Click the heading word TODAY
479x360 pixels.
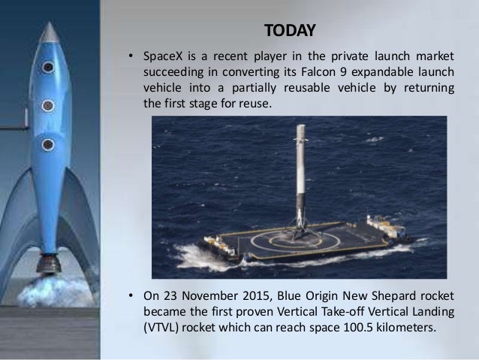pos(290,31)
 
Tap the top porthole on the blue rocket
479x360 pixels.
pos(48,68)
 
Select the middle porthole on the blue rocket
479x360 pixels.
pos(48,105)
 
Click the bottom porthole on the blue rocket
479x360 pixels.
pos(48,144)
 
